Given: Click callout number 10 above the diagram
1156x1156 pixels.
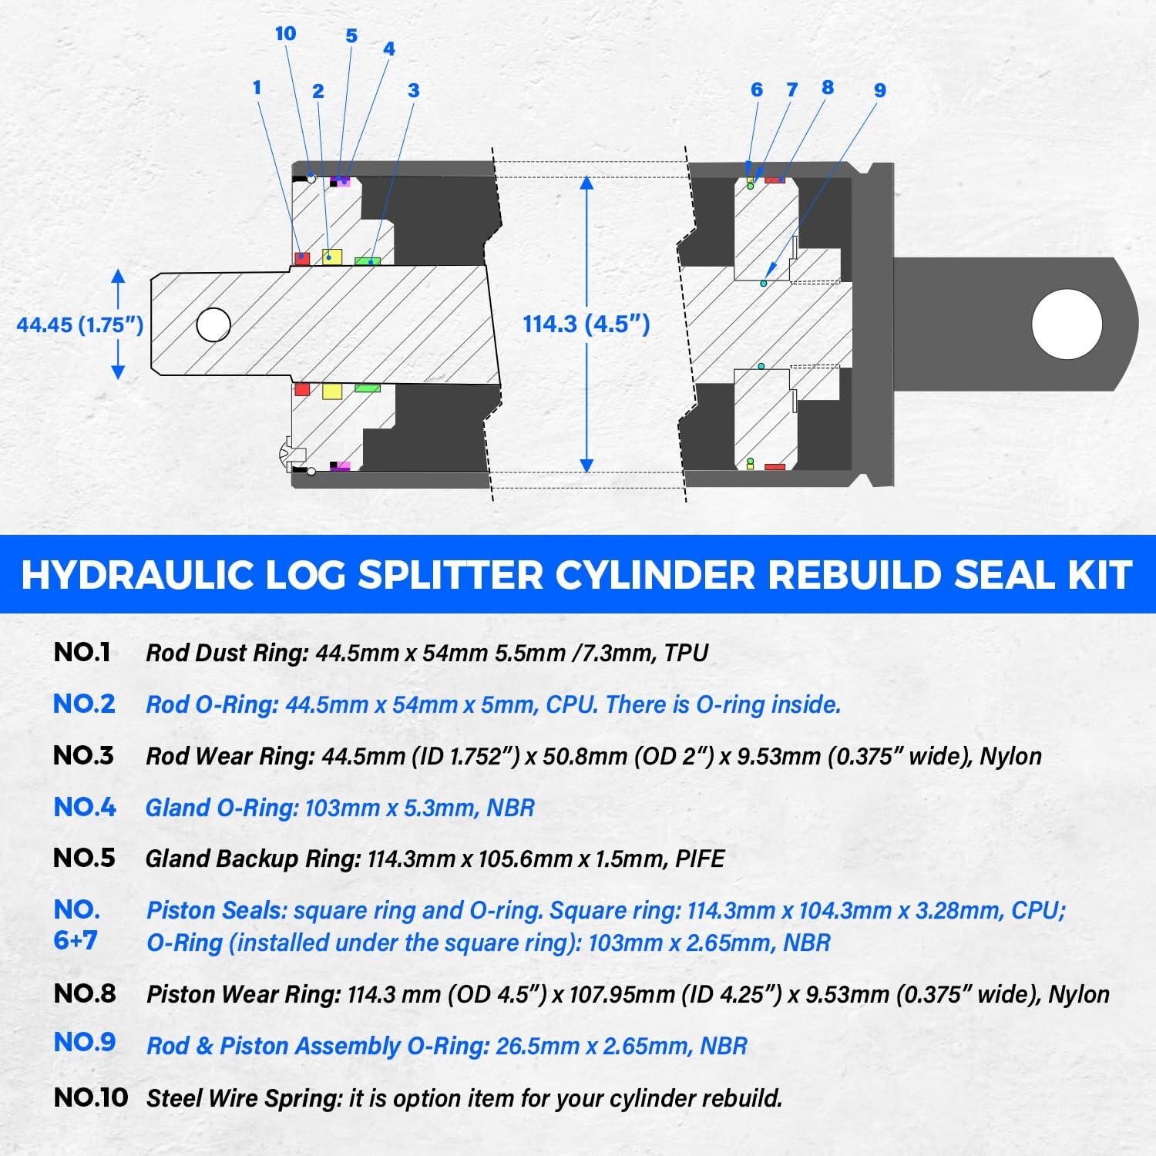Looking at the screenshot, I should [x=285, y=34].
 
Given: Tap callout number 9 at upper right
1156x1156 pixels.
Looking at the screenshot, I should [x=879, y=91].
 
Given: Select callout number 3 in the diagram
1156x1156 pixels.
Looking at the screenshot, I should [x=413, y=91].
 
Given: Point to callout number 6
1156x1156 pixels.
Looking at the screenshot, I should [x=756, y=90].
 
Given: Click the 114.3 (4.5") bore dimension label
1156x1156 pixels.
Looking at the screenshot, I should [x=586, y=324].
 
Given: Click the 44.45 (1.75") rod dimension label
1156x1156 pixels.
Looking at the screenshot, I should [x=80, y=324].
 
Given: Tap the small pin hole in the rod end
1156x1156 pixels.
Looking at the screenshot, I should [x=213, y=324].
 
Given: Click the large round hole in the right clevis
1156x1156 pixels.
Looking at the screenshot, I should [x=1067, y=324].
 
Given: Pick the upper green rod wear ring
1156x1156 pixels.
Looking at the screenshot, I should [x=368, y=261].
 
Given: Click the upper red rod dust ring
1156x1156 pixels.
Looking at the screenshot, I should [x=302, y=258].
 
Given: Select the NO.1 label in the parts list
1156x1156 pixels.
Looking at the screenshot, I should [x=82, y=653].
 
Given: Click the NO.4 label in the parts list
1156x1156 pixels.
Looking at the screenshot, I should [x=85, y=807].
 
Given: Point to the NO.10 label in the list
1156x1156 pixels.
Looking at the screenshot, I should [x=90, y=1097].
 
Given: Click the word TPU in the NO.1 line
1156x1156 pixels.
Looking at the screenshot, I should [x=685, y=654].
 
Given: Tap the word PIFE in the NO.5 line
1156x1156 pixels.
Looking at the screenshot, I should [x=699, y=859].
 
